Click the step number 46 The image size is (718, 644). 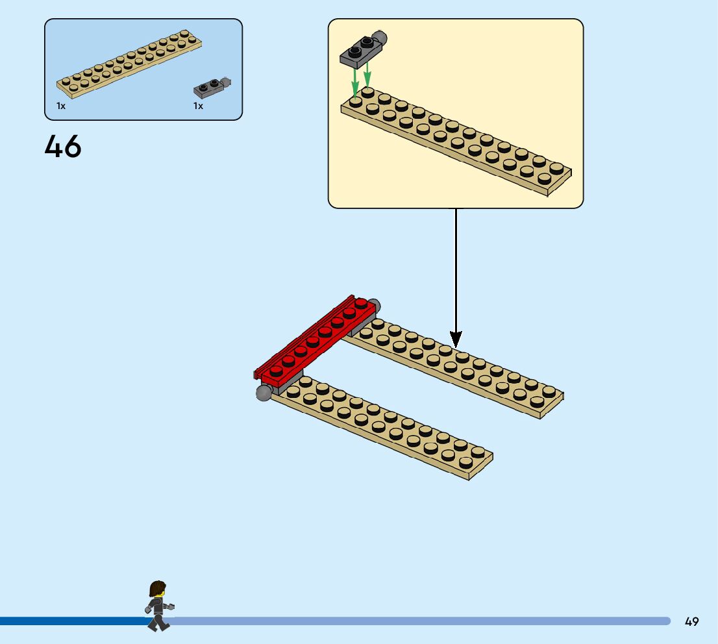coord(63,147)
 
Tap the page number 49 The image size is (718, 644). coord(691,621)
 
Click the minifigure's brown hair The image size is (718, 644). coord(156,589)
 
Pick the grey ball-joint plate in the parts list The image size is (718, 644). coord(211,88)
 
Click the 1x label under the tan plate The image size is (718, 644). coord(61,106)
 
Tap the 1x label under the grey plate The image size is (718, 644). coord(198,106)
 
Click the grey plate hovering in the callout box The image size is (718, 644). coord(361,51)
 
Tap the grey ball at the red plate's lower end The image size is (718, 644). coord(264,392)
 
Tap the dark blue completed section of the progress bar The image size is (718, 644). coord(71,621)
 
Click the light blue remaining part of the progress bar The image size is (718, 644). coord(422,621)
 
